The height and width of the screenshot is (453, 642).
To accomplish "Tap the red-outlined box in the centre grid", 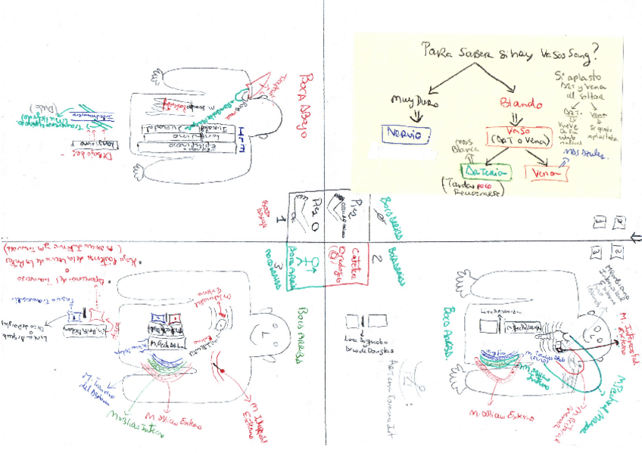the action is click(x=347, y=265).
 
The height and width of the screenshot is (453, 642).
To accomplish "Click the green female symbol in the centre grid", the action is click(x=309, y=263).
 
